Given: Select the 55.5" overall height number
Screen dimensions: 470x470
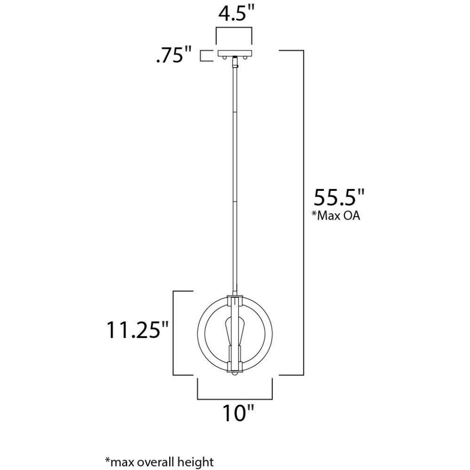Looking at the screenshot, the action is click(x=339, y=197).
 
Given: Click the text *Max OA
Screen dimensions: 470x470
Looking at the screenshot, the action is click(x=336, y=216).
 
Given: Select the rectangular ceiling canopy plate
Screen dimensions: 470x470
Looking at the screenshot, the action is click(x=235, y=53).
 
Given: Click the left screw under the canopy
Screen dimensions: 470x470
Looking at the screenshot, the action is click(x=224, y=57).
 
